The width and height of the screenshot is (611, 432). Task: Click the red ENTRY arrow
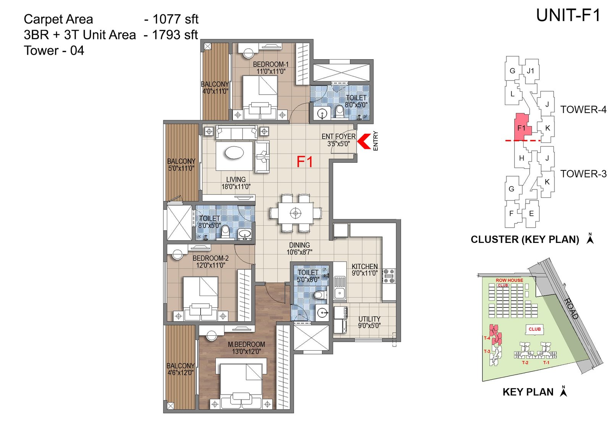point(364,141)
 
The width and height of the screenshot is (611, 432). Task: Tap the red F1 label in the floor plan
point(304,162)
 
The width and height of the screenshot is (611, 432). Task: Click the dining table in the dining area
point(295,213)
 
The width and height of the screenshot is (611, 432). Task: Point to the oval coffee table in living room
point(234,153)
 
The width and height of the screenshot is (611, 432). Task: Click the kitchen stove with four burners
point(389,276)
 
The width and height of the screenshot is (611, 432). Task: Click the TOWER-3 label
point(583,174)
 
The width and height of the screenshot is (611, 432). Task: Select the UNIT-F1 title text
point(568,16)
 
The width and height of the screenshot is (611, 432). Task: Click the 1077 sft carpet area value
point(175,19)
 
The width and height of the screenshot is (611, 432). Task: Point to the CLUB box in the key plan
point(534,329)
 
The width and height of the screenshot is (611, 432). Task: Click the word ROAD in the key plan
point(571,309)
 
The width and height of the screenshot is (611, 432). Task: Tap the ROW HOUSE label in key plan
point(509,280)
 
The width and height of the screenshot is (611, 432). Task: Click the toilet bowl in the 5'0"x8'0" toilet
point(320,295)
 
